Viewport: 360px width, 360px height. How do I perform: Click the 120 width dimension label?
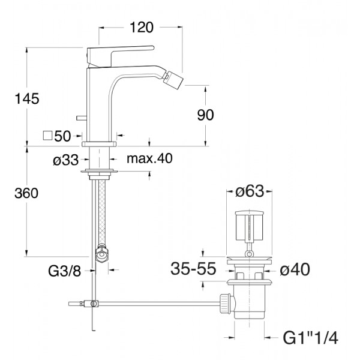[x=142, y=28]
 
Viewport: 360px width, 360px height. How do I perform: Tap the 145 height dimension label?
[x=27, y=99]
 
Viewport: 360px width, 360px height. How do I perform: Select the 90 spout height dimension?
[x=205, y=115]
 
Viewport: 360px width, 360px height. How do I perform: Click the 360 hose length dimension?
[x=26, y=193]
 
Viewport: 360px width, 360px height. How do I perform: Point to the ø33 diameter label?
[x=65, y=160]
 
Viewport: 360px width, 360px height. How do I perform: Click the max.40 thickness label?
[x=149, y=158]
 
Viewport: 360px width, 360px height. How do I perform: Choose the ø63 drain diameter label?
[x=250, y=191]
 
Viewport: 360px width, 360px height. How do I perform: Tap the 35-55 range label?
[x=193, y=268]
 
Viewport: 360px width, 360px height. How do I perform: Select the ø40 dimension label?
[x=295, y=269]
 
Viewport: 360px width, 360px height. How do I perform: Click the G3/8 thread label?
[x=65, y=271]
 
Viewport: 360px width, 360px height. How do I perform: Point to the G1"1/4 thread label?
[x=311, y=338]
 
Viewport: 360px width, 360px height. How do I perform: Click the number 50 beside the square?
[x=62, y=136]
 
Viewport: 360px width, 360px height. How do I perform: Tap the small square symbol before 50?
[x=48, y=136]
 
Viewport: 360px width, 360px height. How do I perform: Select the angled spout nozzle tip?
[x=175, y=77]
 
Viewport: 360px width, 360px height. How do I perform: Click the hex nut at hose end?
[x=102, y=254]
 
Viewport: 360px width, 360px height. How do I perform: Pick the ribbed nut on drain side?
[x=225, y=303]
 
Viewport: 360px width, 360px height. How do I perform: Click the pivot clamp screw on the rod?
[x=93, y=304]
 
